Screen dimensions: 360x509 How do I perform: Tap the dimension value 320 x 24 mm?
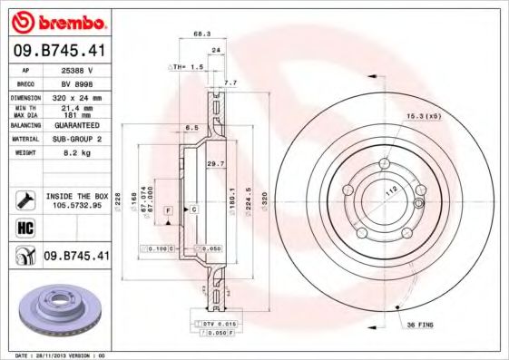pyautogui.click(x=75, y=96)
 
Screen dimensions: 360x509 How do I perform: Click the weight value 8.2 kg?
pyautogui.click(x=75, y=153)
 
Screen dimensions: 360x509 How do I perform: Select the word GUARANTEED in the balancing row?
pyautogui.click(x=75, y=125)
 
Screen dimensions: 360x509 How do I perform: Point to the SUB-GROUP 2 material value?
pyautogui.click(x=75, y=139)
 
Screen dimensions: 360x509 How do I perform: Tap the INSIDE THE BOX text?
pyautogui.click(x=76, y=196)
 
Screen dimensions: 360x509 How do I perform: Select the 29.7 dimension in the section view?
pyautogui.click(x=215, y=163)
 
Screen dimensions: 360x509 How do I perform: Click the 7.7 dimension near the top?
pyautogui.click(x=230, y=83)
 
